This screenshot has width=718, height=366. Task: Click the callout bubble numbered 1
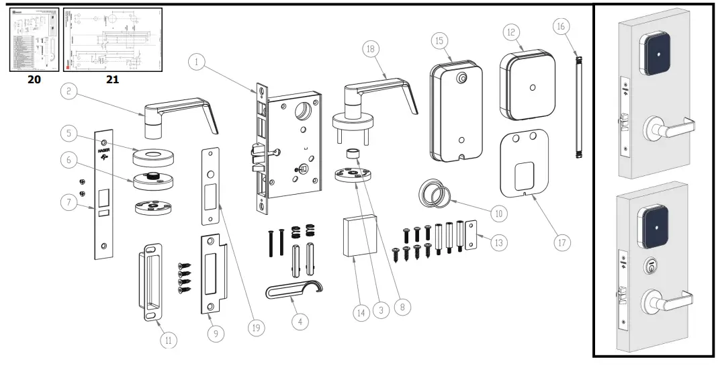(x=197, y=62)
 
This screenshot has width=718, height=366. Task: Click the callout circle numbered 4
(x=300, y=322)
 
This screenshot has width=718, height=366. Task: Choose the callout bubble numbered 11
(x=169, y=340)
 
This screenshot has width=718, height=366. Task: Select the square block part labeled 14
(x=359, y=236)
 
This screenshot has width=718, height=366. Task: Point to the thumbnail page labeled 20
(x=33, y=39)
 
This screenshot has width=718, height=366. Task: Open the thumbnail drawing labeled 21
(x=112, y=39)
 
